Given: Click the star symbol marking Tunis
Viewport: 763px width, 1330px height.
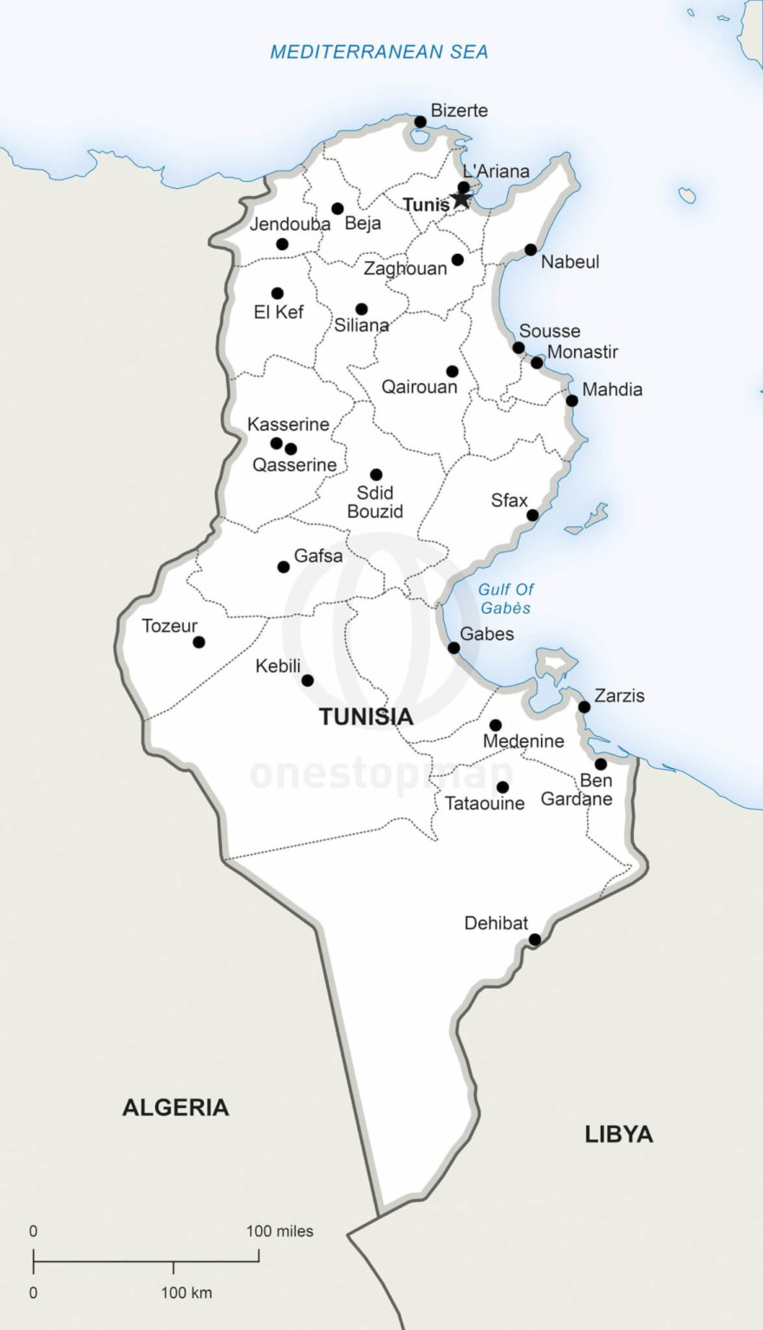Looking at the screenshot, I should pos(460,199).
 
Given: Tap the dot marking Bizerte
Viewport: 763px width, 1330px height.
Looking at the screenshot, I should pos(421,121).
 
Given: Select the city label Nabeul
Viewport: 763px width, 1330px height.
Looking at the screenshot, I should pos(570,262).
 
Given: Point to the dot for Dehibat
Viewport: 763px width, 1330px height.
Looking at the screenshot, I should pos(535,940).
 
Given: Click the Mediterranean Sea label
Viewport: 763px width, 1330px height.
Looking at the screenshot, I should pos(379,52).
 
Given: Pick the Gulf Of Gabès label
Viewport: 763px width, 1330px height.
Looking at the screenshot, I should pos(506,599).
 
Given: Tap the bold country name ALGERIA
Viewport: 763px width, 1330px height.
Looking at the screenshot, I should pos(175,1107).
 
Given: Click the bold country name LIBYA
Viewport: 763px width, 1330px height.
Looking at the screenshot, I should pos(618,1134).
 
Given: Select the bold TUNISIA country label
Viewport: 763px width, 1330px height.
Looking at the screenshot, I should pos(366,717).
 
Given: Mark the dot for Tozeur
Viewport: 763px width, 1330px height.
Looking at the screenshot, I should pos(199,642).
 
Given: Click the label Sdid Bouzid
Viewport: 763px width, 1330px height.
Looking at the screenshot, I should pos(375,502).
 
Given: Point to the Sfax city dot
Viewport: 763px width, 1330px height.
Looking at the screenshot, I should pos(532,516).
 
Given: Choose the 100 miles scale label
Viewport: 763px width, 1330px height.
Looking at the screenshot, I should pos(279,1231).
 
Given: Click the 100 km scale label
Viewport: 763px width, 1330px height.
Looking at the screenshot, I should pos(186,1293).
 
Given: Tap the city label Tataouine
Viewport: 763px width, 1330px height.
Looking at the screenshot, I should pos(485,804).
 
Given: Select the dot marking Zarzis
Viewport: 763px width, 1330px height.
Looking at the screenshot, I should pos(584,707).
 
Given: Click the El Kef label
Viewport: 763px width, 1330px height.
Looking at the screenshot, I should pos(278,312).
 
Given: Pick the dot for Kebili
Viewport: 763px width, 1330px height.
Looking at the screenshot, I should pos(307,681).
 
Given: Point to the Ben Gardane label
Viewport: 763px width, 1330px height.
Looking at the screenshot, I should pos(577,790).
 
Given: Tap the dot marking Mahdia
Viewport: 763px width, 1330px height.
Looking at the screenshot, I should pos(572,401).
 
